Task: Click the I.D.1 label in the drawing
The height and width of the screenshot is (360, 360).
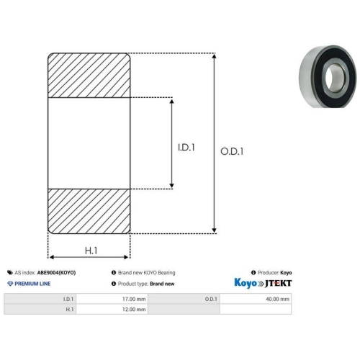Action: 186,148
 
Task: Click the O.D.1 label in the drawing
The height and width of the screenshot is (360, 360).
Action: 232,151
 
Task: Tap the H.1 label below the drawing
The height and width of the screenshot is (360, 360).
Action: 91,251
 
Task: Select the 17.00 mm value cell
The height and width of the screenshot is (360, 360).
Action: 112,299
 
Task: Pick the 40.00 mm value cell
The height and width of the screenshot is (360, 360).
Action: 256,299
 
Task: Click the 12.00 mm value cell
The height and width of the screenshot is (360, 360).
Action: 112,309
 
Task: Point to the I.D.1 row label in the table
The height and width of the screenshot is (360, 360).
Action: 40,299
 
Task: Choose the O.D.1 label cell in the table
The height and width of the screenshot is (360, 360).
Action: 184,299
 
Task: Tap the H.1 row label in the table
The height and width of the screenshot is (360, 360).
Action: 40,309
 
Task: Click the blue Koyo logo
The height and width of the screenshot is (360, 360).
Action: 246,283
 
